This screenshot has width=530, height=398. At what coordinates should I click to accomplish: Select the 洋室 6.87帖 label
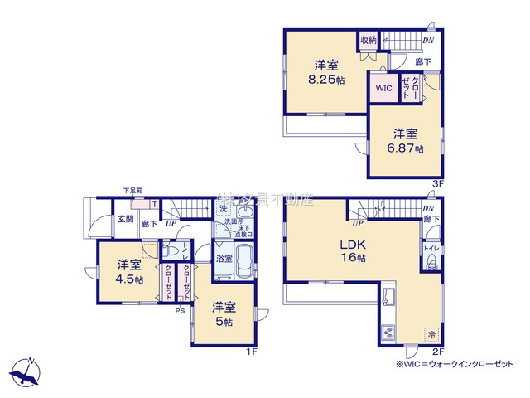click(x=405, y=139)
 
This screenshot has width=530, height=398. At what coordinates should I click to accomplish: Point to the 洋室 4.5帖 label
click(x=128, y=272)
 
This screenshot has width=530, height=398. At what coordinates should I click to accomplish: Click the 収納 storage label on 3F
click(x=369, y=40)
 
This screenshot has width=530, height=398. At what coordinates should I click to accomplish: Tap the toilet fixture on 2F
click(x=431, y=265)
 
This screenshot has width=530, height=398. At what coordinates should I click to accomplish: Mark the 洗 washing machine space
click(x=224, y=209)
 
